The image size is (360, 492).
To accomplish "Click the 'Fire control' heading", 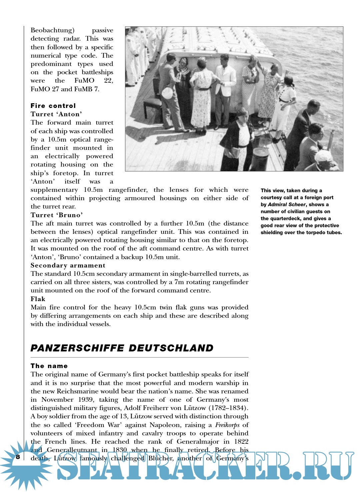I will (x=53, y=106).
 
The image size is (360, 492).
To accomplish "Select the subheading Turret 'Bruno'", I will (x=56, y=215).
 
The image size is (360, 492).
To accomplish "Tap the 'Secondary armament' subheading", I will (x=68, y=265).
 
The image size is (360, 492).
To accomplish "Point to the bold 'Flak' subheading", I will (x=38, y=299).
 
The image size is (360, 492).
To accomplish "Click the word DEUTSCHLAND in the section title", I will (x=171, y=348).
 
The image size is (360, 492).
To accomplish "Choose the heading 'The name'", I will (x=49, y=366).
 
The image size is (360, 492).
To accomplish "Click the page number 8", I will (x=18, y=457).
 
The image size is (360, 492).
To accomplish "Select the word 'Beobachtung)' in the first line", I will (x=52, y=30).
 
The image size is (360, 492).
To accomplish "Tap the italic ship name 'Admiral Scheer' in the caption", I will (x=287, y=205).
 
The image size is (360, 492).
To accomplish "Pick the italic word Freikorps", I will (x=227, y=425).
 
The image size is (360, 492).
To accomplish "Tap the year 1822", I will (x=241, y=442).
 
